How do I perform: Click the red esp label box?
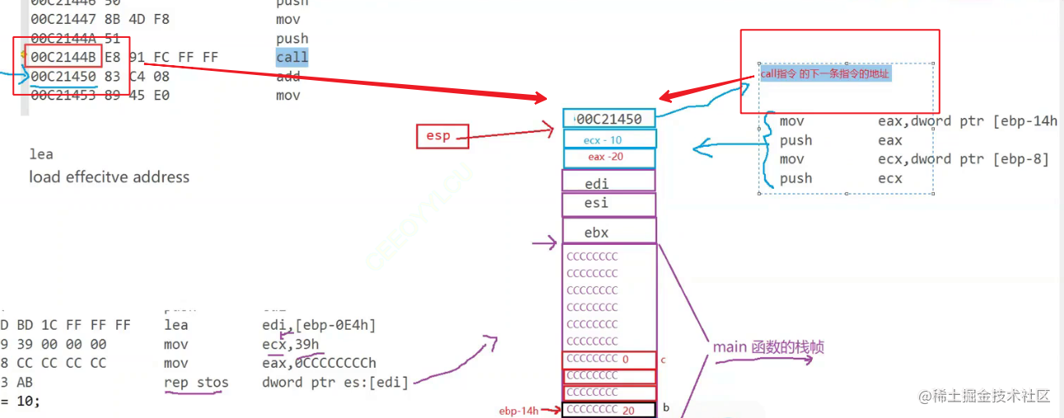(x=442, y=135)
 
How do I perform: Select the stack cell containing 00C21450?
(x=609, y=119)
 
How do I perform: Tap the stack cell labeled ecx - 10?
(x=609, y=140)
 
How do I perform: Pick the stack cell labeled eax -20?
(x=609, y=157)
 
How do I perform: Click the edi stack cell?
(x=609, y=183)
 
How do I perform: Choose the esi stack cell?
(x=609, y=204)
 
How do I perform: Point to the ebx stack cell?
(x=609, y=232)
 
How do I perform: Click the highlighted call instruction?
(x=292, y=58)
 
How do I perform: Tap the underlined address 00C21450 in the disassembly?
(x=63, y=77)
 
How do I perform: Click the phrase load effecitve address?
(x=109, y=177)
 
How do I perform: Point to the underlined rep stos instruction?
(x=196, y=383)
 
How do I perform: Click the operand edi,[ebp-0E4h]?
(x=319, y=326)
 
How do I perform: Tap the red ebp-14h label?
(x=519, y=411)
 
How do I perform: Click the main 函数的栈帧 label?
(x=768, y=348)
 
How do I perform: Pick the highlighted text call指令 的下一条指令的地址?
(x=824, y=74)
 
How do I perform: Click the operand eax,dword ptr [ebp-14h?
(x=968, y=122)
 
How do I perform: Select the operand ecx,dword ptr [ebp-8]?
(x=964, y=159)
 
